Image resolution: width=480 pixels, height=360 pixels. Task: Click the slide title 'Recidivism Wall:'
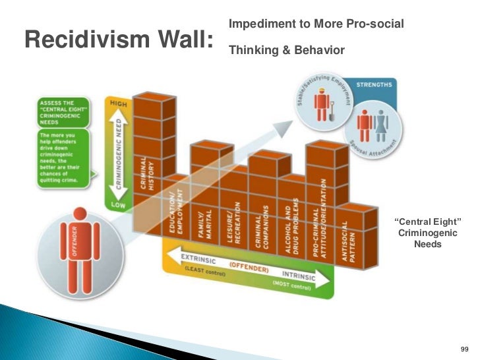(x=119, y=40)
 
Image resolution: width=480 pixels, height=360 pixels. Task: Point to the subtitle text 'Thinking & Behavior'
(x=286, y=49)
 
